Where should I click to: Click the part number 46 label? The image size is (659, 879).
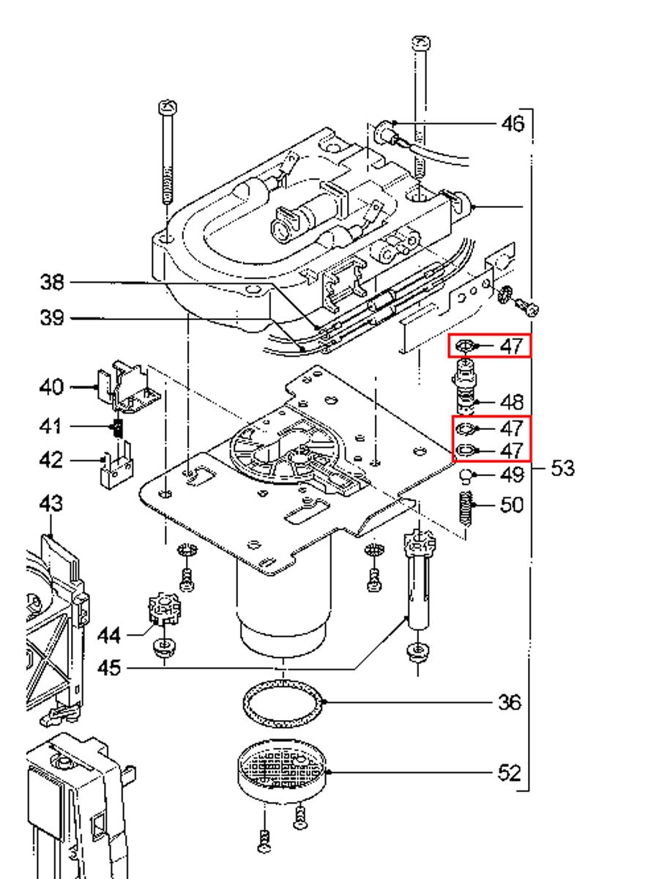(512, 123)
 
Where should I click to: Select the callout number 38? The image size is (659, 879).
(52, 282)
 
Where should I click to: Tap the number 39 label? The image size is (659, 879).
(52, 318)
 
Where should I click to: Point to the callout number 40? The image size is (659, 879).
(51, 387)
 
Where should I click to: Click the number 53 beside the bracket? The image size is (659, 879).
(562, 468)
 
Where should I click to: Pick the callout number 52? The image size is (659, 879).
(510, 773)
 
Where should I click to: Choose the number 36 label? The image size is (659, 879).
(510, 702)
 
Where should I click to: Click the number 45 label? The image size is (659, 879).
(109, 667)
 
